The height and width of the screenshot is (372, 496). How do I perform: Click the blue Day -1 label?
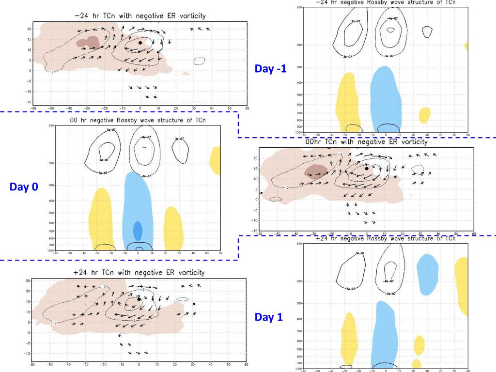[270, 69]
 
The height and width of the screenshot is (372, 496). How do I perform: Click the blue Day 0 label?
[24, 186]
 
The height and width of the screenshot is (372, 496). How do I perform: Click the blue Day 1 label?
[269, 317]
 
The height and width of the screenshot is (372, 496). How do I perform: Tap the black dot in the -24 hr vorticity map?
[140, 43]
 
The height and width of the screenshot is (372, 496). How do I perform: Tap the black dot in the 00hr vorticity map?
[367, 169]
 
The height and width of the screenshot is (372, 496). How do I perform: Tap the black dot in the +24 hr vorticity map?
[139, 299]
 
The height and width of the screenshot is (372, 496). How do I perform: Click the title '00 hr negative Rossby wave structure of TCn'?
[138, 120]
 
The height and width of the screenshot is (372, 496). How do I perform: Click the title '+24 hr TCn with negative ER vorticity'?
[139, 273]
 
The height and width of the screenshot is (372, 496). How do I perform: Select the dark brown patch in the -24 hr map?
[88, 42]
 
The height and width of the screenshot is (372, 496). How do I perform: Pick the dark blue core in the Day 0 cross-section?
[138, 231]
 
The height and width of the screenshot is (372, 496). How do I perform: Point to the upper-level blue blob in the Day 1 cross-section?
[427, 274]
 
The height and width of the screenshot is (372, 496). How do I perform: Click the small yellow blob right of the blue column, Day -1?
[424, 115]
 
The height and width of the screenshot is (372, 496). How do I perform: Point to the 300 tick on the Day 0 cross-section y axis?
[51, 186]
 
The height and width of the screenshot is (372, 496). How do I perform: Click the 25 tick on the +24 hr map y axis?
[28, 280]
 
